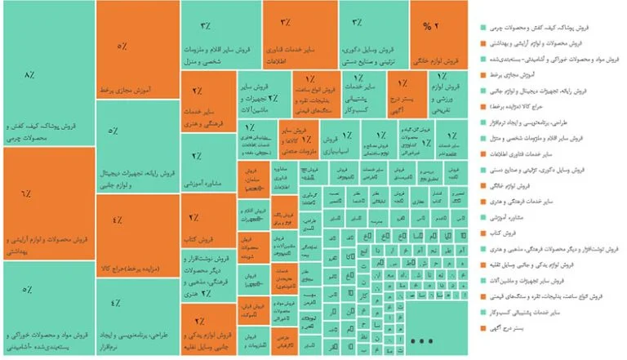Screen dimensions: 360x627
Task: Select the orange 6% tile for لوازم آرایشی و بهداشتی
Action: pos(47,204)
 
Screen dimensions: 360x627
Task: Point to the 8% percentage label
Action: pos(30,76)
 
